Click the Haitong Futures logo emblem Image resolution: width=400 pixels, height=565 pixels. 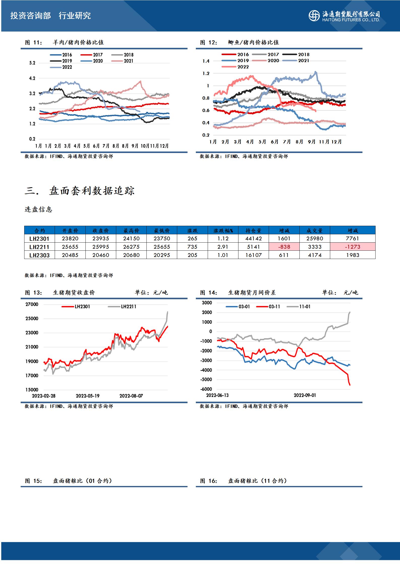click(314, 16)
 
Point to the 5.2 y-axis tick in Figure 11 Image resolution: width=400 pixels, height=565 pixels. click(32, 63)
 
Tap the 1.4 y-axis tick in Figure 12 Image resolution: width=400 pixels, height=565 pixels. click(206, 61)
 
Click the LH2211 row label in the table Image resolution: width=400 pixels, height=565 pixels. click(39, 247)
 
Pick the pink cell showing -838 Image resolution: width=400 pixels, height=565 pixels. click(284, 247)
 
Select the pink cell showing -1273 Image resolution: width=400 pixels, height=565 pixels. click(352, 247)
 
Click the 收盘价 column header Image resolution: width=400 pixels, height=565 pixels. click(101, 231)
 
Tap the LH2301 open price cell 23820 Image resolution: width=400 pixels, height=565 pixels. click(70, 239)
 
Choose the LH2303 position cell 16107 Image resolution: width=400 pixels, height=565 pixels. click(254, 255)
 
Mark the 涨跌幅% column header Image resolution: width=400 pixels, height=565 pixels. click(223, 231)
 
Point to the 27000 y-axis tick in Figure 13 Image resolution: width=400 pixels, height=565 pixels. click(32, 304)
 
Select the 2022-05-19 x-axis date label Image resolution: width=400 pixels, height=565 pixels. click(88, 396)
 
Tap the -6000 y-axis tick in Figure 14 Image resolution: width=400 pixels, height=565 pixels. click(206, 389)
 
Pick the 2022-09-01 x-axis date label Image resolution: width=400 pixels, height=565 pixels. click(305, 395)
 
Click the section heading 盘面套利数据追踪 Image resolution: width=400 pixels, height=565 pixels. click(92, 191)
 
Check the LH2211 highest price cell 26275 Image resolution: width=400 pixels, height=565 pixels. click(131, 247)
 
